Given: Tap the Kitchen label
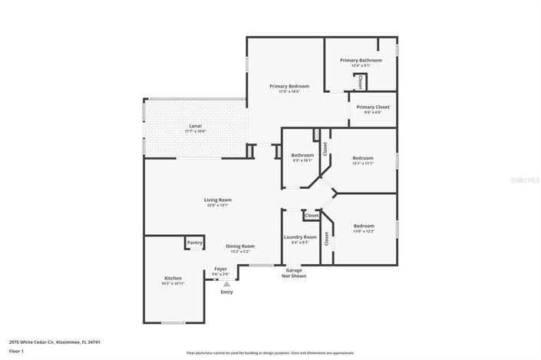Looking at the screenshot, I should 173,280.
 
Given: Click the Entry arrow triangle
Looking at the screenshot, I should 226,284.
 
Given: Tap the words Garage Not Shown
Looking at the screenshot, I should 293,273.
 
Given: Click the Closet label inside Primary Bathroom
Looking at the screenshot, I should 361,81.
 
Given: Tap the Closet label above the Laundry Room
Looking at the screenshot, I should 312,216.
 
